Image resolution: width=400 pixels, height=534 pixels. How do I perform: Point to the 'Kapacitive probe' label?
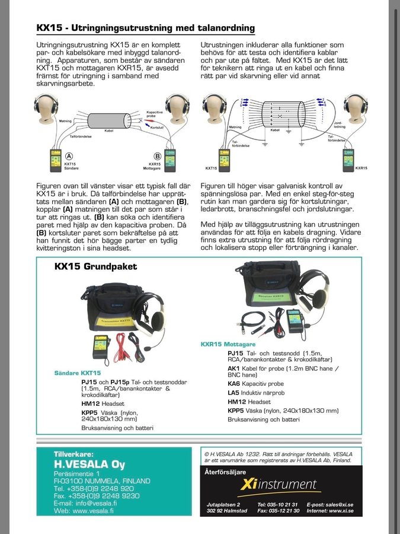click(x=156, y=116)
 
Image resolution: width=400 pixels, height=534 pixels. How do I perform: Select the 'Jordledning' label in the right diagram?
click(x=339, y=125)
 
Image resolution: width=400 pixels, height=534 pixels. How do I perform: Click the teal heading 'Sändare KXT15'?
click(x=77, y=373)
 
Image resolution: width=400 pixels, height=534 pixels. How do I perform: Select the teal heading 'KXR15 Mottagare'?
click(x=228, y=344)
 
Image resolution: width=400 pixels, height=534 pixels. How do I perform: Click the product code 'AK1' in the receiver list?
click(x=233, y=368)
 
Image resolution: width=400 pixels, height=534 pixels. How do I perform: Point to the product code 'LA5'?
click(x=233, y=393)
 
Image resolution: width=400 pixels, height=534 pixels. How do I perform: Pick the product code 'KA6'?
click(x=233, y=384)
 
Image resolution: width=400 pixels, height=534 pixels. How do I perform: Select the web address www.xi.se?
click(x=341, y=510)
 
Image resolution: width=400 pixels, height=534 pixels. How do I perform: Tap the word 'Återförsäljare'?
click(x=225, y=472)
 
